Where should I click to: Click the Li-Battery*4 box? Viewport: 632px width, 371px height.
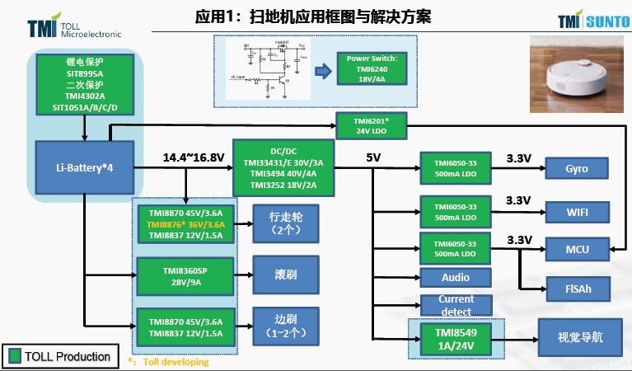(84, 168)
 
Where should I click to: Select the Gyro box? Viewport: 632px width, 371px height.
(577, 168)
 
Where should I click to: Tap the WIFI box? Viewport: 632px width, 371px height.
(577, 212)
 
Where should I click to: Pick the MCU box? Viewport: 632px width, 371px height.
(577, 248)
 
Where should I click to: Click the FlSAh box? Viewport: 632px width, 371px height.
(577, 289)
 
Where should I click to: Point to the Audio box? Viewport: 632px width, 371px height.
(456, 278)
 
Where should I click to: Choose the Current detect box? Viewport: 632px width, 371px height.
(456, 305)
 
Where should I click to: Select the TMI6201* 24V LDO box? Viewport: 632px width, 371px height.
(373, 126)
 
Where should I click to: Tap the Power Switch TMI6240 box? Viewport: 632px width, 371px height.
(372, 70)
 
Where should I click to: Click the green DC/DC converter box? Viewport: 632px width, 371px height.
(284, 168)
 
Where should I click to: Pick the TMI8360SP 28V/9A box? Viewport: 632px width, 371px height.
(185, 277)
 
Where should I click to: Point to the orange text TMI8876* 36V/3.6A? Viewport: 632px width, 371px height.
(185, 223)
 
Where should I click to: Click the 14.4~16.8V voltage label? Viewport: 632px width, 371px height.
(194, 157)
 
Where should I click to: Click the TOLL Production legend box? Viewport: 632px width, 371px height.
(59, 356)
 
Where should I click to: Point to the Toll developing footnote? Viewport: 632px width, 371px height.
(169, 361)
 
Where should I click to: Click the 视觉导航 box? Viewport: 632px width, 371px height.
(580, 336)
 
